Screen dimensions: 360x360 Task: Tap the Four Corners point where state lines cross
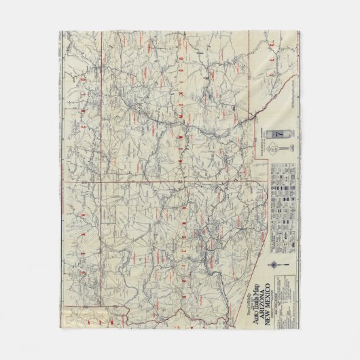[x=102, y=181]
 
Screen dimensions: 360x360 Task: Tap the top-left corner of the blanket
[x=60, y=31]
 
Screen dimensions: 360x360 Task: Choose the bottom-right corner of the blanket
[x=300, y=329]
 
